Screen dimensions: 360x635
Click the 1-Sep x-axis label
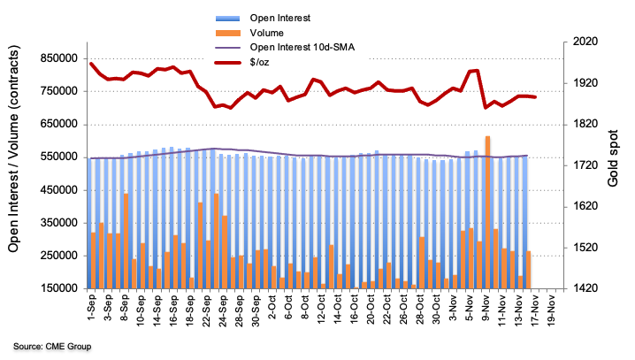point(91,310)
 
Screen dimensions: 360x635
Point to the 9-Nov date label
point(486,310)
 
